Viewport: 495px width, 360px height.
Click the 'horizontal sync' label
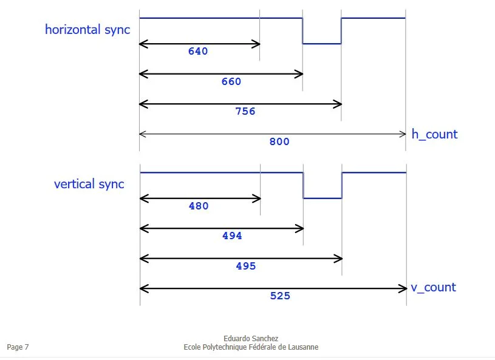click(x=87, y=29)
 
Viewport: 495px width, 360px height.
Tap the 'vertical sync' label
click(x=89, y=184)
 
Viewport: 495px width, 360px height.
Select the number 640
click(x=198, y=52)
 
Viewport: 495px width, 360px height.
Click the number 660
click(x=231, y=82)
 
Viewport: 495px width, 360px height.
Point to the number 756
click(x=245, y=112)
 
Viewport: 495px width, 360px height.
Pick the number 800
click(x=279, y=142)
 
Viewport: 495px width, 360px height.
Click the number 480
click(x=198, y=206)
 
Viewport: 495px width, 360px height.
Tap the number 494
click(x=231, y=236)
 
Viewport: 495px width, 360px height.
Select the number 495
click(x=245, y=267)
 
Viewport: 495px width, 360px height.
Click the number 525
click(x=280, y=296)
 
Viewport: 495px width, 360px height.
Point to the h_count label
click(x=434, y=134)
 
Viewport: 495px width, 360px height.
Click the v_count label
click(x=433, y=287)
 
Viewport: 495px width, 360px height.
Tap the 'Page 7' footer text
click(x=18, y=347)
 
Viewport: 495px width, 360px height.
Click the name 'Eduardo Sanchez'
click(x=251, y=339)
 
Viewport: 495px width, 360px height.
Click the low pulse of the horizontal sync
click(x=322, y=44)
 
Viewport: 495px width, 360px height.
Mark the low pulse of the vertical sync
click(x=323, y=198)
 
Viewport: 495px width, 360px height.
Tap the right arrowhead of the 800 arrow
click(x=403, y=134)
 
